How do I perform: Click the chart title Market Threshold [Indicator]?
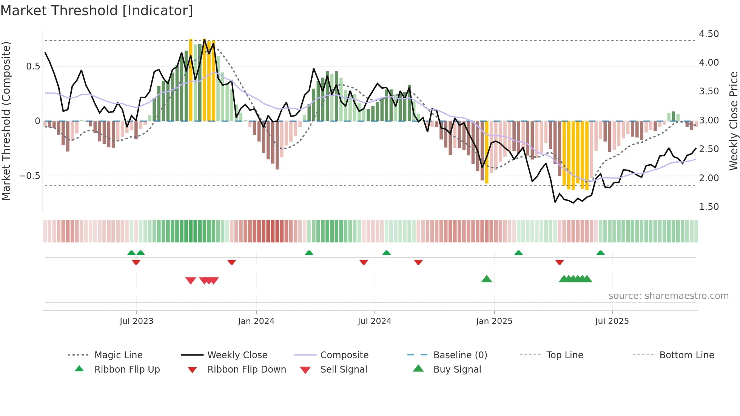(97, 11)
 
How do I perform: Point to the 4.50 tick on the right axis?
(709, 34)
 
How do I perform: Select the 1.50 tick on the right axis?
(709, 207)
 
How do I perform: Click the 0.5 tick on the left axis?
(33, 66)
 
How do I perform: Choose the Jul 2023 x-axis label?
(136, 321)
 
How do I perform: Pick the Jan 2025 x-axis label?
(494, 321)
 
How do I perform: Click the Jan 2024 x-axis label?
(256, 321)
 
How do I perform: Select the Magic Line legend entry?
(118, 355)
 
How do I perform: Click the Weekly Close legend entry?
(237, 355)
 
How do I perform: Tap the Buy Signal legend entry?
(457, 370)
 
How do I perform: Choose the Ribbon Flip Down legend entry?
(247, 370)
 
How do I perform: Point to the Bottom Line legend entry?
(686, 355)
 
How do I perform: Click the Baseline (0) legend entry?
(460, 355)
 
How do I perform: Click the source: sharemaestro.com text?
(668, 296)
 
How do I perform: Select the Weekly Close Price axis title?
(733, 121)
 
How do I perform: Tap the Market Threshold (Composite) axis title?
(6, 121)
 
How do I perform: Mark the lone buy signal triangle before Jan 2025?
(487, 279)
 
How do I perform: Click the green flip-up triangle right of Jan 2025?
(518, 253)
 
